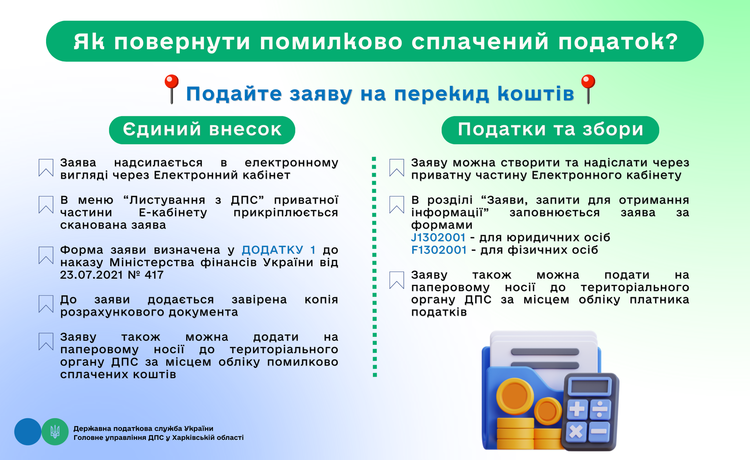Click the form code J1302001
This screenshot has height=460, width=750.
438,238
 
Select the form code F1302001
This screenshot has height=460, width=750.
439,250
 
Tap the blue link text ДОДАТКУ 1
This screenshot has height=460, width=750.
279,250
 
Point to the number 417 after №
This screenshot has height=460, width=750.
154,275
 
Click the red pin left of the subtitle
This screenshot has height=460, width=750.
172,89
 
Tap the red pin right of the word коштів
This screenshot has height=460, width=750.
588,89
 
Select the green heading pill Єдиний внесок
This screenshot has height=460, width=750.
202,130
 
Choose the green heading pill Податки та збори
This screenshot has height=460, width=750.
550,130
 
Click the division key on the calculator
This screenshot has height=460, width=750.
600,409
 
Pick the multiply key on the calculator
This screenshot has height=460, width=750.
576,432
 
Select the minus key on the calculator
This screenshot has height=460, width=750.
599,431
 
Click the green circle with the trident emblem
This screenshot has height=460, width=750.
55,432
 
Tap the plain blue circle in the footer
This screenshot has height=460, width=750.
28,432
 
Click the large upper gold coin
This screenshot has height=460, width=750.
515,396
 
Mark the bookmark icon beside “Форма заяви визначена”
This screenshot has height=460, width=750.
46,255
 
